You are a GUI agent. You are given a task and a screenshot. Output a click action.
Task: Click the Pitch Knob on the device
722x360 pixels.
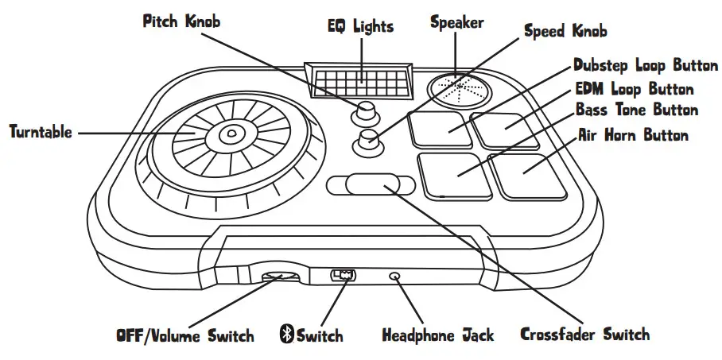(x=367, y=110)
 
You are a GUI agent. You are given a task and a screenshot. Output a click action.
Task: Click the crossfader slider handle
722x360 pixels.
(x=371, y=184)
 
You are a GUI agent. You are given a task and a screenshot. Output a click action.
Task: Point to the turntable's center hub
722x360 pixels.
(x=230, y=136)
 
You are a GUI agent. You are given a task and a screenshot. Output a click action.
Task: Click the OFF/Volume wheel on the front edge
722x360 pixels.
(x=281, y=276)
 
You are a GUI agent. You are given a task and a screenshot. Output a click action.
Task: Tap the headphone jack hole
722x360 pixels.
(x=395, y=276)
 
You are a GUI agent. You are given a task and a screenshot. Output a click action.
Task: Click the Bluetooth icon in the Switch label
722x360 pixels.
(x=286, y=335)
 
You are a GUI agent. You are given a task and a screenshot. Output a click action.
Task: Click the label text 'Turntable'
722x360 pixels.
(x=41, y=132)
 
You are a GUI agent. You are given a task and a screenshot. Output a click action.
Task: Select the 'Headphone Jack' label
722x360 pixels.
(x=438, y=335)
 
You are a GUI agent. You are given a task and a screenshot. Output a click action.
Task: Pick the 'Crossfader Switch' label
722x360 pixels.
(x=584, y=334)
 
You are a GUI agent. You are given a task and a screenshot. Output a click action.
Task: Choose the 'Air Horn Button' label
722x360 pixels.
(x=633, y=136)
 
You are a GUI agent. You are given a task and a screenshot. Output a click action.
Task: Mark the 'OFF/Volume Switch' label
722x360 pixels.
(x=184, y=335)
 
